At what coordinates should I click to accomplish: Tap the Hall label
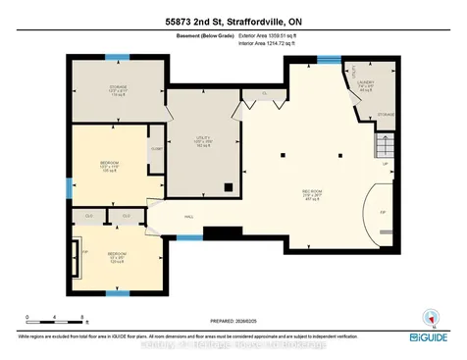188,218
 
